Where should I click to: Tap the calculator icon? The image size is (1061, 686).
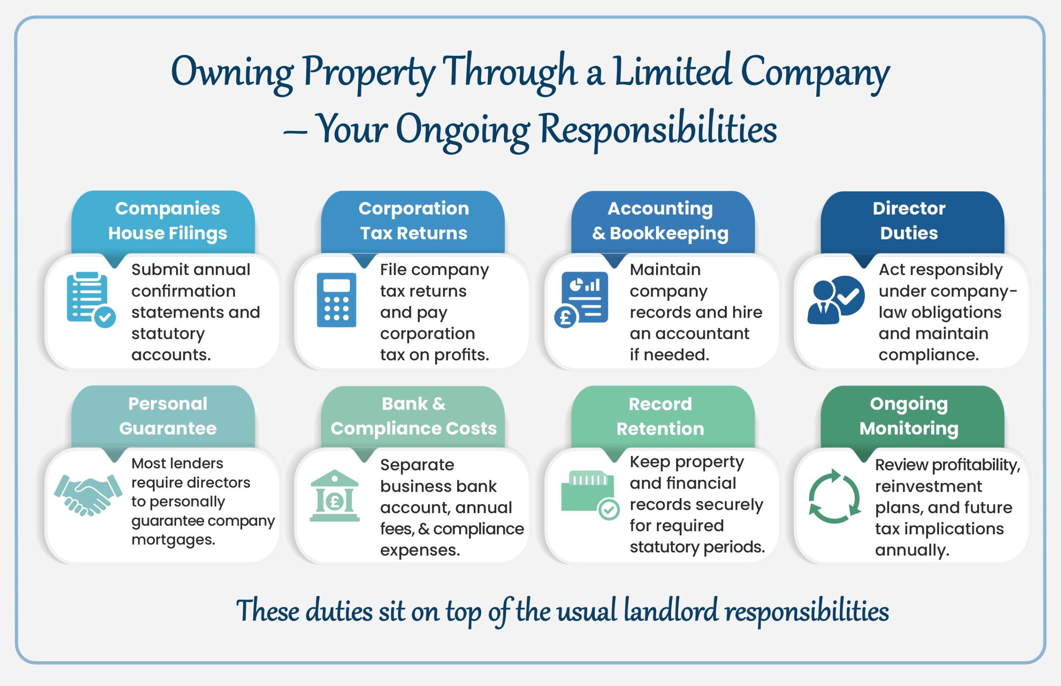tap(337, 300)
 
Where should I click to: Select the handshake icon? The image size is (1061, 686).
tap(88, 495)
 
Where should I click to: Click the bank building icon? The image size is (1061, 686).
tap(334, 495)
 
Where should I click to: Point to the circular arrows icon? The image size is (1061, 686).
tap(834, 496)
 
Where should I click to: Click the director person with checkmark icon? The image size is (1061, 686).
tap(835, 300)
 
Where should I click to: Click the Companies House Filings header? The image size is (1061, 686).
tap(167, 221)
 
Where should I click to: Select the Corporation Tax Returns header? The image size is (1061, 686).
tap(414, 221)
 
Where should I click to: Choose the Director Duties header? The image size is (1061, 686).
tap(909, 221)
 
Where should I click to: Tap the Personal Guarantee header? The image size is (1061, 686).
tap(167, 416)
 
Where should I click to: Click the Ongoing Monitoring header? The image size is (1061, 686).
tap(909, 416)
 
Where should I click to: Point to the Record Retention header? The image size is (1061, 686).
tap(660, 416)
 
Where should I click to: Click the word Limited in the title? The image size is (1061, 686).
tap(672, 72)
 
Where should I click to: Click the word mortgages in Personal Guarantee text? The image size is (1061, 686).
tap(173, 540)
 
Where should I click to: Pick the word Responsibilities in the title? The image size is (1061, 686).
tap(658, 129)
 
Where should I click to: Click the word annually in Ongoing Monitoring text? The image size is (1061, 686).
tap(912, 550)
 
